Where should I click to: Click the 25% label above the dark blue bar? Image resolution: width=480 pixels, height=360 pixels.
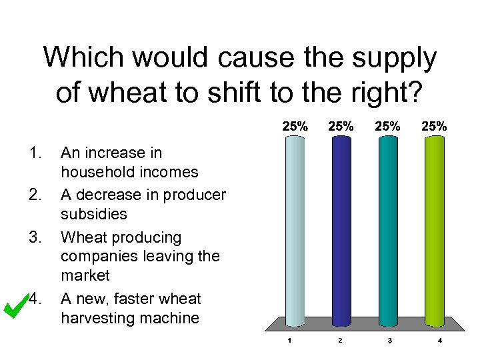click(x=341, y=125)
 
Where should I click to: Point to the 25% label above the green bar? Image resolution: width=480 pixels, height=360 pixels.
click(x=434, y=125)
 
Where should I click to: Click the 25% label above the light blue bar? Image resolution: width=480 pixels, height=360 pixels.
click(x=295, y=125)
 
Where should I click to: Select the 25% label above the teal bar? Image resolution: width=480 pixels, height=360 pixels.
click(x=387, y=125)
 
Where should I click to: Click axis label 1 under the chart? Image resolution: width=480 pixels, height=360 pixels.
click(x=289, y=341)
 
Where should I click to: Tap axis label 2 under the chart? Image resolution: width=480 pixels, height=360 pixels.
click(x=339, y=341)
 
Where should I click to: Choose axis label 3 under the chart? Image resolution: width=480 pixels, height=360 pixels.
click(x=389, y=341)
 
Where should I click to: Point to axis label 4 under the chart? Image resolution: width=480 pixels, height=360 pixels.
click(x=440, y=341)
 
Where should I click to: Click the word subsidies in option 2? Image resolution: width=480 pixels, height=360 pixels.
click(x=94, y=214)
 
